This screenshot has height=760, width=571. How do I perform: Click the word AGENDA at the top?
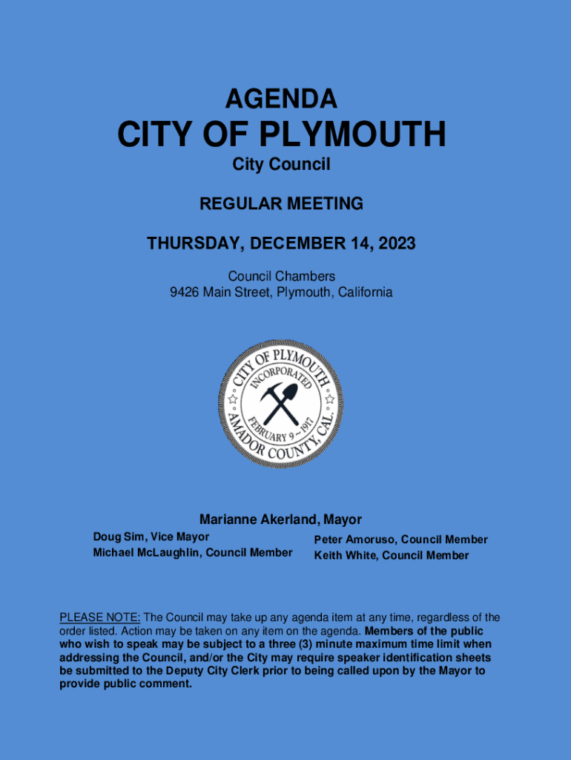[281, 99]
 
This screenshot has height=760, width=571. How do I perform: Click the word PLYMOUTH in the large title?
[353, 135]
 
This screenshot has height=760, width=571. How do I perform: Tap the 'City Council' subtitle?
[281, 165]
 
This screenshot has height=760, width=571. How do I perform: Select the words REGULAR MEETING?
[281, 203]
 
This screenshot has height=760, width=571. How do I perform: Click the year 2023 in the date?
[396, 243]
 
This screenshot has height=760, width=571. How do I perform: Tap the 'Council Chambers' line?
[281, 277]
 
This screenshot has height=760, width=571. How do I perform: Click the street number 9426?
[185, 292]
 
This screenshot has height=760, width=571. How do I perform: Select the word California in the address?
[363, 292]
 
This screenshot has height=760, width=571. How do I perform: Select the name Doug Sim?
[117, 537]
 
